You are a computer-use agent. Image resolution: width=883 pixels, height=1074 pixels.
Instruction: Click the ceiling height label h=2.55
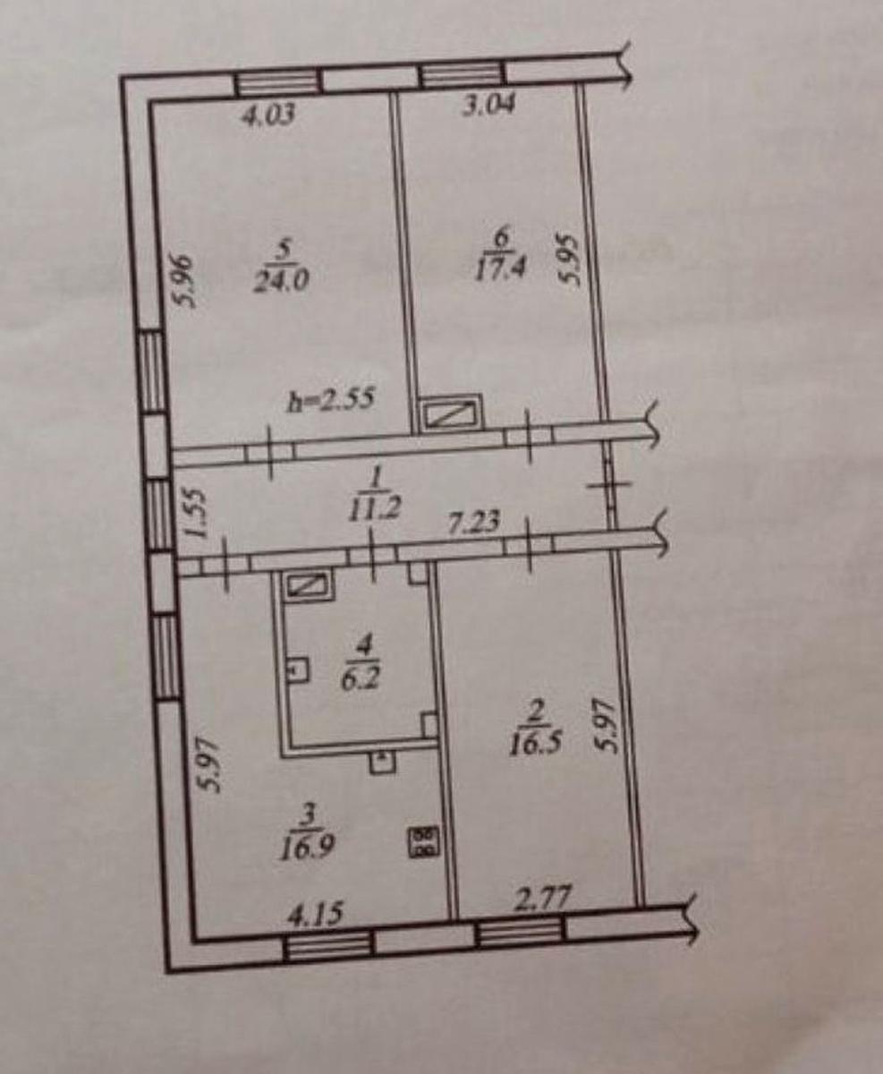tap(331, 400)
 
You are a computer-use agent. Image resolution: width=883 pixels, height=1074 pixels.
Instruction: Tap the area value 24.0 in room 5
tap(282, 281)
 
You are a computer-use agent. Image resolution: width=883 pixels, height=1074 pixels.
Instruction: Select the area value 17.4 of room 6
tap(500, 268)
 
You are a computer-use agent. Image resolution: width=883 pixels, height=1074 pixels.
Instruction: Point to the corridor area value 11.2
tap(375, 507)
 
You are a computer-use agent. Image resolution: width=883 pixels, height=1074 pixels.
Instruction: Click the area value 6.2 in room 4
tap(361, 678)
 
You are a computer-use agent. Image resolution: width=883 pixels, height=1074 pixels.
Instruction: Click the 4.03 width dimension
tap(268, 116)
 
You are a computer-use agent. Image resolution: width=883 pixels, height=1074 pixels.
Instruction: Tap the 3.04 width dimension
tap(489, 106)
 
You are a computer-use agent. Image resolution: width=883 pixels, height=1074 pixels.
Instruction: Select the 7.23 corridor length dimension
tap(474, 523)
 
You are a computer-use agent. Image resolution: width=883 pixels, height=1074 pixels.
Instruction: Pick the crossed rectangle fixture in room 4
tap(309, 586)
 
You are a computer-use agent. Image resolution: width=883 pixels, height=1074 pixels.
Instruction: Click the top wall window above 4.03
tap(279, 82)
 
